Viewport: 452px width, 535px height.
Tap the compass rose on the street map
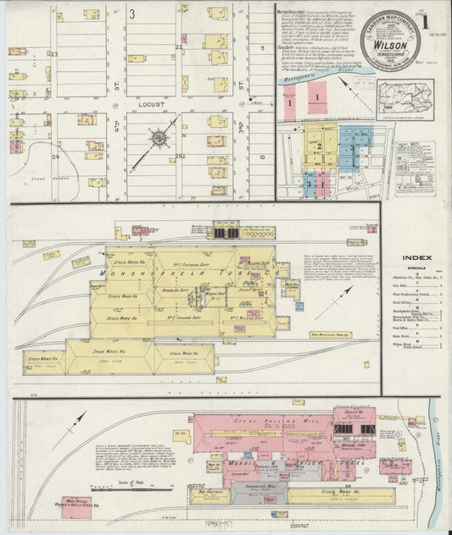click(x=159, y=136)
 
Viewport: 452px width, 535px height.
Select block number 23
click(x=53, y=54)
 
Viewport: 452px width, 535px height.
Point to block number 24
click(x=54, y=157)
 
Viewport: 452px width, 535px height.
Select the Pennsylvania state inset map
click(x=405, y=98)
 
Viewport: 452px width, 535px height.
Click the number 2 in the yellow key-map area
click(x=318, y=146)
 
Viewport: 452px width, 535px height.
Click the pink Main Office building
click(x=85, y=506)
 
